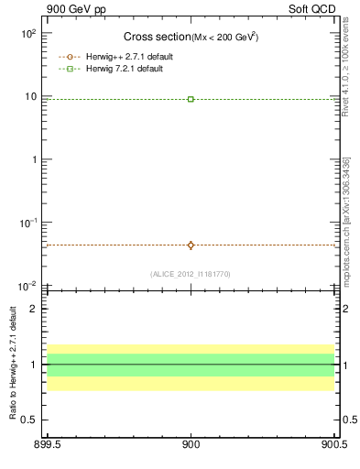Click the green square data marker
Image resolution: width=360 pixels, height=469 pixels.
click(x=191, y=99)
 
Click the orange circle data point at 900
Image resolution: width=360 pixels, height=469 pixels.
click(x=191, y=245)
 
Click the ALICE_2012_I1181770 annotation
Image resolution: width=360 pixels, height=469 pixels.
click(x=191, y=274)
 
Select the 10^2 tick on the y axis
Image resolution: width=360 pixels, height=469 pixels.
click(x=27, y=33)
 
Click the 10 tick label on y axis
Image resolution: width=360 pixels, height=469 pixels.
click(x=29, y=96)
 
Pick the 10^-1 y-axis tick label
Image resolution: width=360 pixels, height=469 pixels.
click(x=27, y=223)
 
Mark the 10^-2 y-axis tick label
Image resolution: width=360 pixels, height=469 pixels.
click(x=27, y=287)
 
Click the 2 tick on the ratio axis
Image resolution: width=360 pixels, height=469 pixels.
click(x=33, y=309)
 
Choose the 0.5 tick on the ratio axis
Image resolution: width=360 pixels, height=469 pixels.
click(x=29, y=420)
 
